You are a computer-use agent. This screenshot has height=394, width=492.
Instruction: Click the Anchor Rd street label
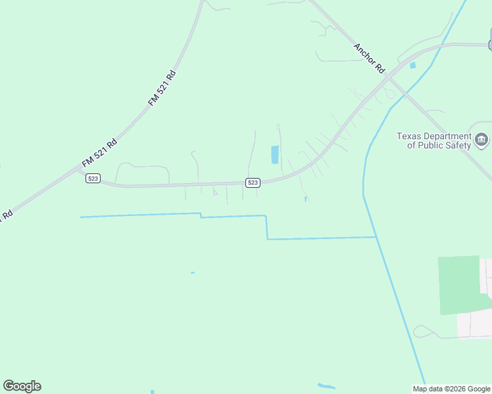(369, 58)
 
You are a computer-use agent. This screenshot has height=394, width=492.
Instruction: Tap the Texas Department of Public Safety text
(433, 141)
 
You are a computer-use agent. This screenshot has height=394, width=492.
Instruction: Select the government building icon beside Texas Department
(481, 140)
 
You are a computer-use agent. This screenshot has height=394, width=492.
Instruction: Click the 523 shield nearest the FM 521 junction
(93, 179)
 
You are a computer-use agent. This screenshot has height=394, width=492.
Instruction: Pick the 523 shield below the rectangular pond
(253, 182)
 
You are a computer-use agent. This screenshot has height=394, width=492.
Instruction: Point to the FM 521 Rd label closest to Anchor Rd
(162, 87)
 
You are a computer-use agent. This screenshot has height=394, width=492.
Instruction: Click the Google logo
(22, 386)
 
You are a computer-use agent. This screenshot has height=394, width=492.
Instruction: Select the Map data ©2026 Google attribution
(451, 389)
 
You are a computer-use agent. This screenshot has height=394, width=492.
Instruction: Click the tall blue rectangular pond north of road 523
(275, 155)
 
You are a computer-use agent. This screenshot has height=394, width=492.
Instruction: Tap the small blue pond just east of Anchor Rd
(413, 66)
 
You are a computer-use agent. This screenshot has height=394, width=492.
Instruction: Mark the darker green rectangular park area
(459, 284)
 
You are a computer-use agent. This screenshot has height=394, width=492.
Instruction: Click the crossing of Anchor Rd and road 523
(389, 77)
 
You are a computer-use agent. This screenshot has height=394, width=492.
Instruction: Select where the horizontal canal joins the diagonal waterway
(376, 237)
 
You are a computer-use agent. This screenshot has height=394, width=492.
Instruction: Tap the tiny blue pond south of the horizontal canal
(192, 273)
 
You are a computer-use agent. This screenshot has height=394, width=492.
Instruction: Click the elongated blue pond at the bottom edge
(326, 386)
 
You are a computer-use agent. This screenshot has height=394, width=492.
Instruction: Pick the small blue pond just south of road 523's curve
(306, 198)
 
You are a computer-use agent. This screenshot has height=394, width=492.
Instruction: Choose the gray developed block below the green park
(473, 324)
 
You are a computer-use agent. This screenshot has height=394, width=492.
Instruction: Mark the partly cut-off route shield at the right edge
(490, 45)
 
